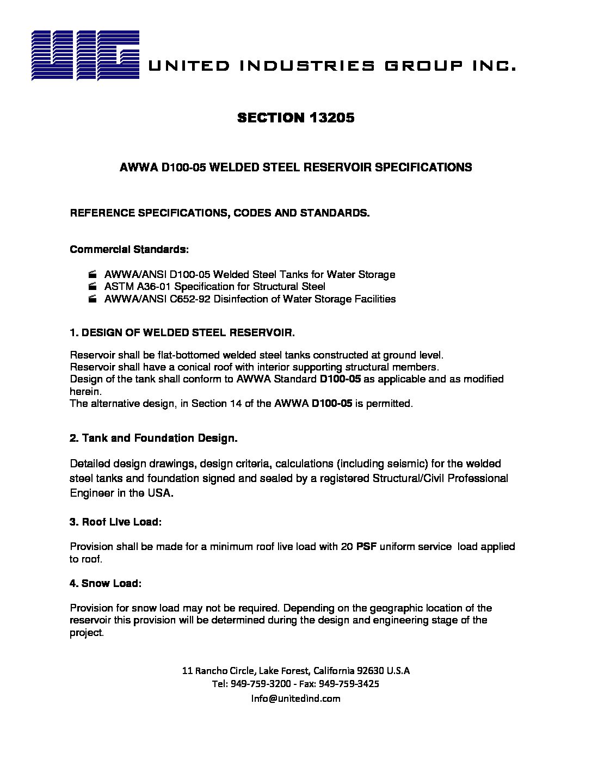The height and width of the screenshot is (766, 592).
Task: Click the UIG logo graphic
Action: pyautogui.click(x=85, y=55)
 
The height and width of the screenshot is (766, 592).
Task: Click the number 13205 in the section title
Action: pyautogui.click(x=331, y=118)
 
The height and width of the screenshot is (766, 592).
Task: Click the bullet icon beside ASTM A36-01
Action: pyautogui.click(x=92, y=287)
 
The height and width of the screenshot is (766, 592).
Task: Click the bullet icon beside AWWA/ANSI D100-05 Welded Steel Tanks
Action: pyautogui.click(x=92, y=274)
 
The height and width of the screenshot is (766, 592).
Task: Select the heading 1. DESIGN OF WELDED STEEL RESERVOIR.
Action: pyautogui.click(x=182, y=332)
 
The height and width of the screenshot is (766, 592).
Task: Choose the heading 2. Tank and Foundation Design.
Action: pyautogui.click(x=153, y=438)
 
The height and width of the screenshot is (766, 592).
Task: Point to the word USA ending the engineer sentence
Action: pyautogui.click(x=162, y=493)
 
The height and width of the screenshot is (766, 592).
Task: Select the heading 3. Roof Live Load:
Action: pyautogui.click(x=116, y=522)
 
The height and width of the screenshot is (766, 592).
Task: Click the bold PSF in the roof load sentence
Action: pyautogui.click(x=366, y=546)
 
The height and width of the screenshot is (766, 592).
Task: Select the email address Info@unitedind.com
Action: pyautogui.click(x=295, y=699)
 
